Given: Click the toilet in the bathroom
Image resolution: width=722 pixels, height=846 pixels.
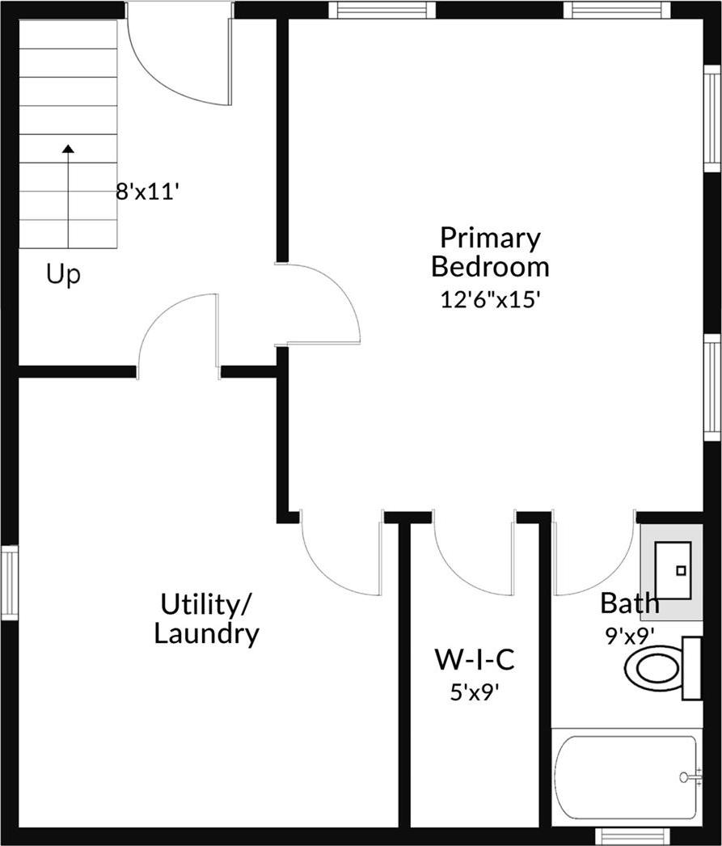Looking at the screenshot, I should tap(655, 668).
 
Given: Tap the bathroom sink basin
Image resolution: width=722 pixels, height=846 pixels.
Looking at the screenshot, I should tap(673, 569).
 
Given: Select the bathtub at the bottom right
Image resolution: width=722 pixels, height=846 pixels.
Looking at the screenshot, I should tap(627, 777).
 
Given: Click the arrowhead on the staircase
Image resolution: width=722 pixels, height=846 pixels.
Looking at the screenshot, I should tap(68, 148).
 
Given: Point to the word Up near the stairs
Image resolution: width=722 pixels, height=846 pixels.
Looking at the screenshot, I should tap(63, 275).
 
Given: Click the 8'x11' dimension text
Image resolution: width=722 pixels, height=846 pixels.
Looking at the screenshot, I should tap(146, 192).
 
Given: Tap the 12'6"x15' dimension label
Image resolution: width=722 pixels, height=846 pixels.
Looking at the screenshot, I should tap(489, 298).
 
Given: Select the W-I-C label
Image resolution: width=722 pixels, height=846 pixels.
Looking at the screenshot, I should tap(475, 660).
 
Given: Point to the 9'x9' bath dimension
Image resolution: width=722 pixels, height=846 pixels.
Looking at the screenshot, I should tap(630, 635).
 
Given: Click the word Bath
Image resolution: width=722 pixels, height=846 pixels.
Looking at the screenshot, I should tap(629, 603).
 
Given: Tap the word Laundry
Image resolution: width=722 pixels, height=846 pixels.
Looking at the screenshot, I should tap(207, 634).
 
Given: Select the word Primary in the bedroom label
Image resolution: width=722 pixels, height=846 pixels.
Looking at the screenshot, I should tap(490, 239).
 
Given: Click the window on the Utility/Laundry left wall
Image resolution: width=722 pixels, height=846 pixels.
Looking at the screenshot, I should tap(9, 582).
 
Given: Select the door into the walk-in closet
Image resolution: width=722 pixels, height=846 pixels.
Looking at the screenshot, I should tap(474, 558).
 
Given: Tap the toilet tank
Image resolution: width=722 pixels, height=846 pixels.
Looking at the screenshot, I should tap(691, 668).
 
